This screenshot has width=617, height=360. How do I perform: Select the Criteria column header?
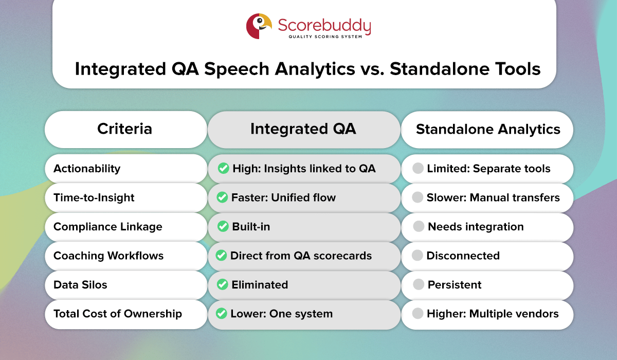coord(125,129)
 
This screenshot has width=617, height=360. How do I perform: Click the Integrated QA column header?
coord(303,129)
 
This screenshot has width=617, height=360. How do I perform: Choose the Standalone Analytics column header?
coord(487,129)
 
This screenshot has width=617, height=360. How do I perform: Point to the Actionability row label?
coord(87,169)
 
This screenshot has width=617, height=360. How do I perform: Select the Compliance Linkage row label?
coord(107,227)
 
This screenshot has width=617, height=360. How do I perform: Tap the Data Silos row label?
coord(80,284)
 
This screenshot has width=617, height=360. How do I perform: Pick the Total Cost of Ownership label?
coord(117,314)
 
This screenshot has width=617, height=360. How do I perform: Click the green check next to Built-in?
coord(222,227)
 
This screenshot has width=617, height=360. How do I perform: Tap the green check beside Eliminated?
coord(222,284)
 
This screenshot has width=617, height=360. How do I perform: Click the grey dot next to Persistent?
coord(419,284)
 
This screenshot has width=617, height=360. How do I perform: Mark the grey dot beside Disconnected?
coord(418,256)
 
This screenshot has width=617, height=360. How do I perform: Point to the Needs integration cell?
coord(476,227)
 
